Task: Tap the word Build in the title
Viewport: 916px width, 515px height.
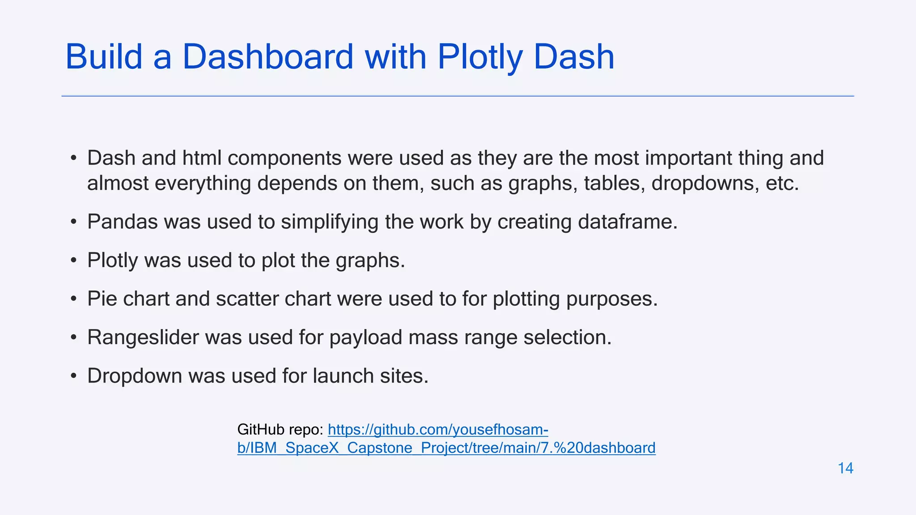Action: pos(104,57)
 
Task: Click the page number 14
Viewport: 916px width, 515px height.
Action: pos(845,468)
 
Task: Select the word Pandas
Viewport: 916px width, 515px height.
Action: pos(122,222)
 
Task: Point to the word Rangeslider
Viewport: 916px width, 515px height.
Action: pos(143,338)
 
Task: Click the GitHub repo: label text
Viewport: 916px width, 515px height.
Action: pos(280,430)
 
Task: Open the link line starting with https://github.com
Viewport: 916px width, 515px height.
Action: pos(438,430)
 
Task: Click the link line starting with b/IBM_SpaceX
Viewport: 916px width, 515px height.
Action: pos(446,448)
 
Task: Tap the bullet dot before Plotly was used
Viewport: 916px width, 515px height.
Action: pos(74,261)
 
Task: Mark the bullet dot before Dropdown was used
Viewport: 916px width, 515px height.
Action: pos(74,376)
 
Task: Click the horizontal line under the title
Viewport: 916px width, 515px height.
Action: pos(458,96)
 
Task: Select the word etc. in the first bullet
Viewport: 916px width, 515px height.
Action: pos(782,183)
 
